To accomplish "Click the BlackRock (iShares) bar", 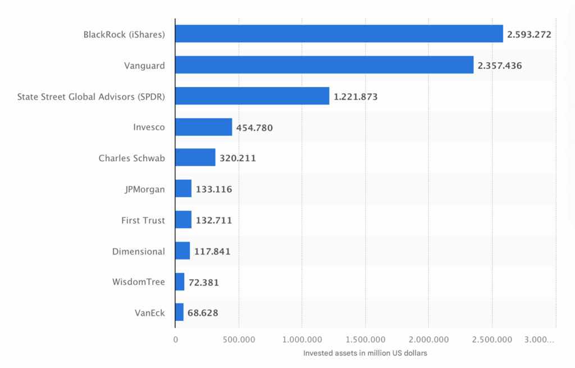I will click(x=339, y=34).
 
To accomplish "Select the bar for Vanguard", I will click(x=324, y=65).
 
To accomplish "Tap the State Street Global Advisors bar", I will click(x=252, y=96).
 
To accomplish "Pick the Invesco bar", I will click(x=203, y=127).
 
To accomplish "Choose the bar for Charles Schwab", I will click(x=195, y=158).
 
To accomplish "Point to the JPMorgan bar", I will click(x=183, y=189).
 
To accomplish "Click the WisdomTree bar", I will click(x=180, y=281).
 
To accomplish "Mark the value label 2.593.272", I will click(x=529, y=34).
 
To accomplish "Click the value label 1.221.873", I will click(x=355, y=97).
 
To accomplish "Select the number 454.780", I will click(x=254, y=128).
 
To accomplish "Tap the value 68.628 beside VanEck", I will click(x=203, y=312).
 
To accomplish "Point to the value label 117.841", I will click(x=212, y=251).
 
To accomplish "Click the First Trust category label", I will click(x=143, y=220).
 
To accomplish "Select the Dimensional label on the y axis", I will click(x=139, y=251).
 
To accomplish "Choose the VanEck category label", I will click(x=150, y=312).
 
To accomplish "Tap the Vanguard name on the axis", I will click(x=144, y=66).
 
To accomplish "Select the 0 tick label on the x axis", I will click(x=175, y=339).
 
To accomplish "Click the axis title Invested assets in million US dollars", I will click(x=365, y=353).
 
